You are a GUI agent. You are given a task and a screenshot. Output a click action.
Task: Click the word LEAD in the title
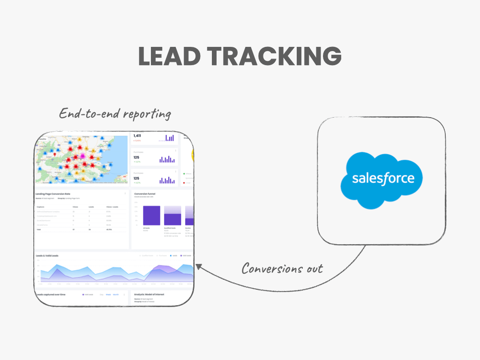pos(169,56)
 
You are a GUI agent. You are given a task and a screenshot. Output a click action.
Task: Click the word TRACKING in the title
pos(274,56)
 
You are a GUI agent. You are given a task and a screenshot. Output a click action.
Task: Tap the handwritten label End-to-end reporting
pos(115,114)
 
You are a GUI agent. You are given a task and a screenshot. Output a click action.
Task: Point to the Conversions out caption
pos(282,269)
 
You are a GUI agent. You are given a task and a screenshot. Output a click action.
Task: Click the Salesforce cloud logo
pos(383,179)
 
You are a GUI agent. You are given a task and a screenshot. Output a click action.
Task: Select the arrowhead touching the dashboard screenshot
pos(198,267)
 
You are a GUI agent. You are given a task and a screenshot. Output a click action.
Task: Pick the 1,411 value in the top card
pos(138,135)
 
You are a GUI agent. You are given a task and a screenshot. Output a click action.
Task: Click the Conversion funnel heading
pos(145,193)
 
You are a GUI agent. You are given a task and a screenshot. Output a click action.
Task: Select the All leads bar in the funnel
pos(151,215)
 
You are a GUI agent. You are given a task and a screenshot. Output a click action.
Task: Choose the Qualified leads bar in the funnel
pos(172,219)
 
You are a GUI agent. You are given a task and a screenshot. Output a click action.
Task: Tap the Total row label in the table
pos(39,230)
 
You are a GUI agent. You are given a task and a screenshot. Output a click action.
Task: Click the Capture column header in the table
pos(40,206)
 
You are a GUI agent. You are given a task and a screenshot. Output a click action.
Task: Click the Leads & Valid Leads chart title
pos(47,256)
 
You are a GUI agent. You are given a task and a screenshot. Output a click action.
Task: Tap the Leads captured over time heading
pos(51,294)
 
